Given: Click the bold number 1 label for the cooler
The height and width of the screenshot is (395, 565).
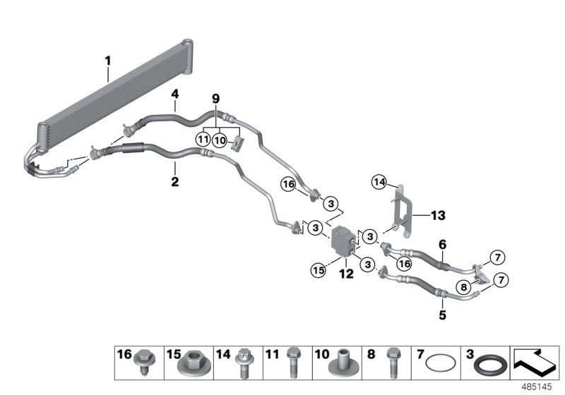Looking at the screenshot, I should pos(107,61).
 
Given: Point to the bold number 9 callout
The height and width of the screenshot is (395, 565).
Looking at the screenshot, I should pos(216,98).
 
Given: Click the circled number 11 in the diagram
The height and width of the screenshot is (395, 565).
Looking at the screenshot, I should pos(203,140).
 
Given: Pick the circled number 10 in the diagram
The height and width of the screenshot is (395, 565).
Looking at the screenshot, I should pos(221,140).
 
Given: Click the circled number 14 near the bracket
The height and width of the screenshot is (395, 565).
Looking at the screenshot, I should pos(379,183).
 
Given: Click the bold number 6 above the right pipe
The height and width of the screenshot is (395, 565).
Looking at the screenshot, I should pos(442,244).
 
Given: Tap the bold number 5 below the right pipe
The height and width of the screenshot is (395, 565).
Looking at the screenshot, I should pos(442,315).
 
